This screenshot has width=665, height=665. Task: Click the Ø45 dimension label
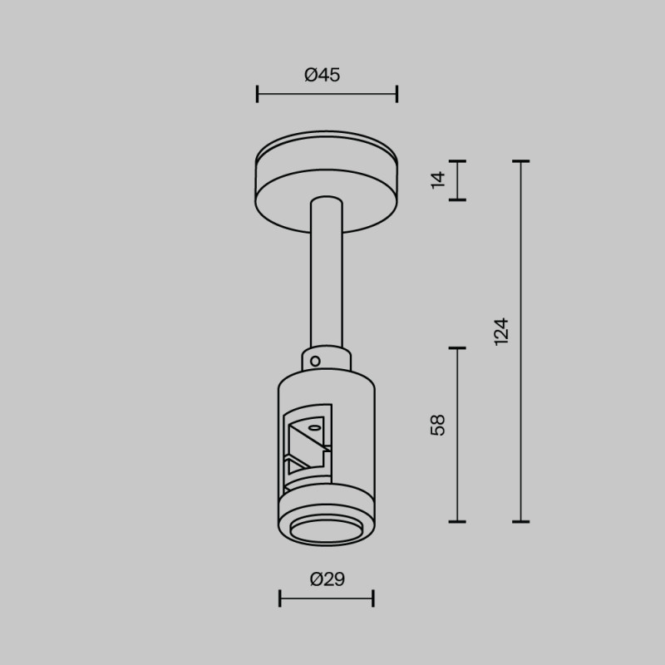323,75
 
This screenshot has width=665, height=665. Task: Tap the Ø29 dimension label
327,579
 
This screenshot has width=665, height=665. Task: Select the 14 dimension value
439,180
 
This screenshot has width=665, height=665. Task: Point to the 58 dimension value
439,424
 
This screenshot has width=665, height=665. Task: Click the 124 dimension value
500,332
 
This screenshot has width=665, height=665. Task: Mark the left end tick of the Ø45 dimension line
258,94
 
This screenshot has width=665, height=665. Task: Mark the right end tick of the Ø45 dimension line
397,94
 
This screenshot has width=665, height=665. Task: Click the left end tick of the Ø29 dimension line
280,598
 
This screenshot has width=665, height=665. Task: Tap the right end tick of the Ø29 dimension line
373,598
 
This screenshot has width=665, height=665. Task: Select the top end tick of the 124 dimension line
521,161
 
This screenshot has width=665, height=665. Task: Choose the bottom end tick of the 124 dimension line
521,521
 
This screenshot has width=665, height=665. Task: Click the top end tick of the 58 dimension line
457,348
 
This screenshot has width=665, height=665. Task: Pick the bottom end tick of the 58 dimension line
457,521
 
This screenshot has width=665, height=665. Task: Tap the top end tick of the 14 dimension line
457,161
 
